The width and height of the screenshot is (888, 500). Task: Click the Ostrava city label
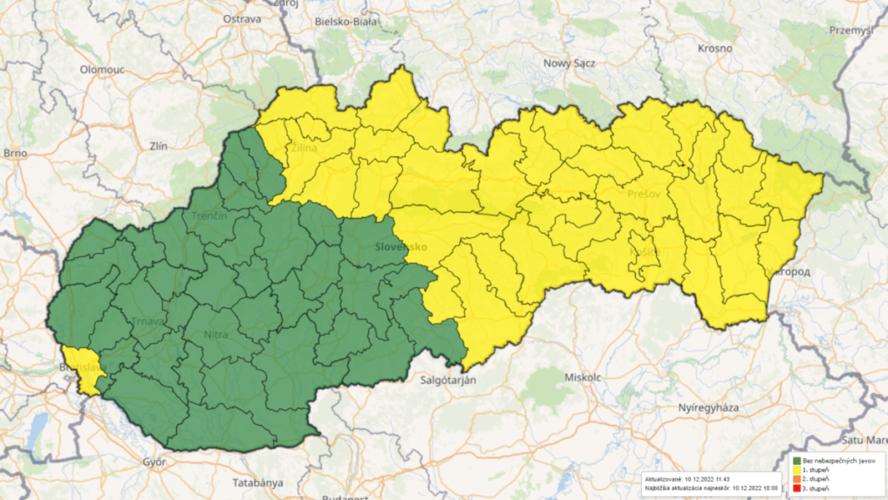[x=242, y=18]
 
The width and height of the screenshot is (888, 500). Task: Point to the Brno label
[x=15, y=153]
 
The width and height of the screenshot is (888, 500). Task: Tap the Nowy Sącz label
[x=569, y=63]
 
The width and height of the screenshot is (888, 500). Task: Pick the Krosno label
[x=714, y=48]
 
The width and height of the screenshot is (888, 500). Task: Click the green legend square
[x=796, y=461]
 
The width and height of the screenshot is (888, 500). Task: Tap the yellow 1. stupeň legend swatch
[x=796, y=470]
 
